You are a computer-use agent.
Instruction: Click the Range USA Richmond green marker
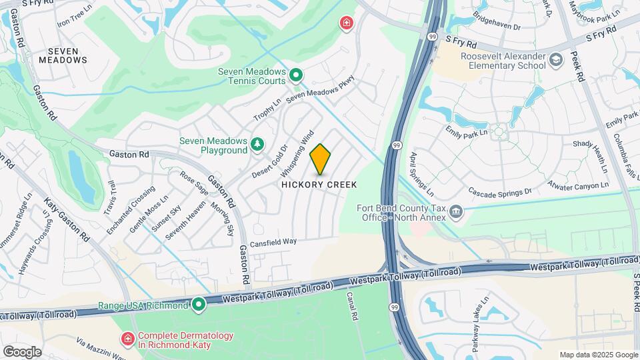(199, 305)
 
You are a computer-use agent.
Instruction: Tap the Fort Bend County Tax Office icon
(456, 212)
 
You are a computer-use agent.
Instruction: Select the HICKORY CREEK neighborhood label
(319, 185)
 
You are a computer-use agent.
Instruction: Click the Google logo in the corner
(22, 351)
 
